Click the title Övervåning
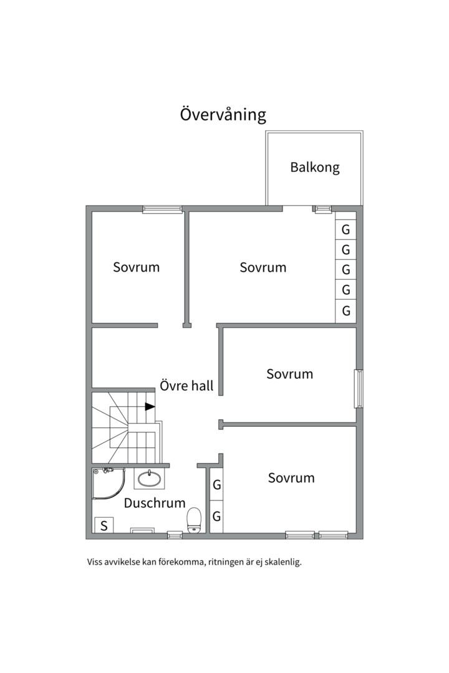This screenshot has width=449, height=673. (x=223, y=115)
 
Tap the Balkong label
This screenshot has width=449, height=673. (x=315, y=167)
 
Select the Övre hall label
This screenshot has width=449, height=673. (x=186, y=385)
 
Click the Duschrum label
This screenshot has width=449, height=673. (x=155, y=503)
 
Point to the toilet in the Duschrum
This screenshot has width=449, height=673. (x=194, y=520)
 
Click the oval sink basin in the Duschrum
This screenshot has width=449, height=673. (x=149, y=479)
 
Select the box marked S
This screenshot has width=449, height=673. (x=104, y=525)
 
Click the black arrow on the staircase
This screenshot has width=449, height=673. (x=150, y=406)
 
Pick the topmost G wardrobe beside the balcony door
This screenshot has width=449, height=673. (x=345, y=229)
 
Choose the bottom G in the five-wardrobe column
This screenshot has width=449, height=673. (x=345, y=310)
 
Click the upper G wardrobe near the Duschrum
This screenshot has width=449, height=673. (x=216, y=485)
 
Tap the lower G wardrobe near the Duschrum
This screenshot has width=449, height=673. (x=216, y=517)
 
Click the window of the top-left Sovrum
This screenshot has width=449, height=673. (x=162, y=209)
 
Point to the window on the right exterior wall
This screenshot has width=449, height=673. (x=359, y=388)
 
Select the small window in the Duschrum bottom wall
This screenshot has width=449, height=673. (x=175, y=535)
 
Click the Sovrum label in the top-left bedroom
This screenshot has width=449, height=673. (x=136, y=267)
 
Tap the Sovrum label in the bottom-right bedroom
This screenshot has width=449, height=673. (x=291, y=478)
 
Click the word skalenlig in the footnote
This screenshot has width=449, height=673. (x=282, y=562)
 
